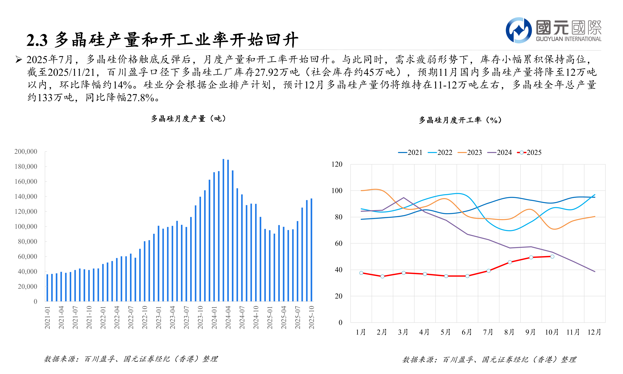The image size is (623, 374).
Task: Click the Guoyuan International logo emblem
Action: [519, 30]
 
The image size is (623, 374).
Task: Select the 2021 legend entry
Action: [410, 152]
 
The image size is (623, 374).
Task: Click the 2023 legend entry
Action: [470, 152]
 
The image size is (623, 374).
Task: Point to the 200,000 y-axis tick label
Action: [26, 151]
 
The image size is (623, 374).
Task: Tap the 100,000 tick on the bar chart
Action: [26, 227]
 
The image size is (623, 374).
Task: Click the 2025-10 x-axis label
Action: [311, 317]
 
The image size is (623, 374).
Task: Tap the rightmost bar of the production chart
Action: [311, 249]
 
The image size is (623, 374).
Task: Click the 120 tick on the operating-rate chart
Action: [337, 164]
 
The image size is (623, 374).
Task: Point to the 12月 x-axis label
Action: [594, 332]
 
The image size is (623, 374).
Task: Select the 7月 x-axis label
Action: [488, 332]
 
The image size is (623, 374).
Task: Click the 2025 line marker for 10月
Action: [552, 256]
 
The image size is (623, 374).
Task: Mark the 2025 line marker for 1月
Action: [361, 273]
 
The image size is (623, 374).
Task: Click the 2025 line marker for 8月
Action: [510, 262]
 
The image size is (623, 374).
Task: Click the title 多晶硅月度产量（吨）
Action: [188, 119]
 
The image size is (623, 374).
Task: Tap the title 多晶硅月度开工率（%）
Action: [460, 120]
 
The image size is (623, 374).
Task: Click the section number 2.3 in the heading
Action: [37, 40]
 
